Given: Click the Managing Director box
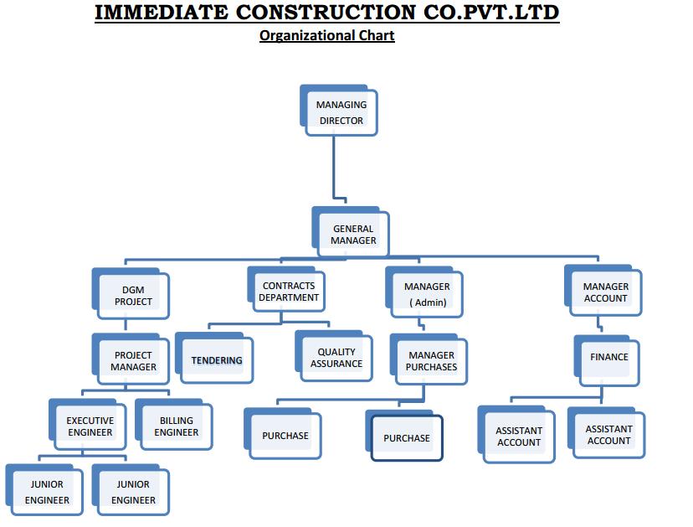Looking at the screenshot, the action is coord(338,111).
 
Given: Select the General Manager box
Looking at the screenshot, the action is coord(351,232).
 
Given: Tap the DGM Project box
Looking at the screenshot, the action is coord(131,293).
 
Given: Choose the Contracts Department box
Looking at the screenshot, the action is coord(286,289).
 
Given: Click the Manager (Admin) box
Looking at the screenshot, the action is coord(424,292).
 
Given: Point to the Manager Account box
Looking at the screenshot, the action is coord(603,290).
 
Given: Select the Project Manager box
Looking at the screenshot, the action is coord(131,359).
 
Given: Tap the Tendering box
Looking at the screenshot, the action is coord(214,358).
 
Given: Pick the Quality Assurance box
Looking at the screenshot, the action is coord(334,356).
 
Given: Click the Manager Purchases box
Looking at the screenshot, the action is coord(429,359).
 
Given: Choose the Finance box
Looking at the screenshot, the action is coord(607,360).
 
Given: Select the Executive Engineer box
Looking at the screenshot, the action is coord(88,425).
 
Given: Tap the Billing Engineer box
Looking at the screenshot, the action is coord(174,425).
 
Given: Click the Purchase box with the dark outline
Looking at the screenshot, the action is coord(404,436).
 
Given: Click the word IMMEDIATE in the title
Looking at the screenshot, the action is coord(162,13).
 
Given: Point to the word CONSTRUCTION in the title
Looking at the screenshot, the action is coord(326,13).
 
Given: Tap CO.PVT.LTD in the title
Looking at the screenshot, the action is coord(491,13).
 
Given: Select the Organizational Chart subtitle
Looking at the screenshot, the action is coord(327,35).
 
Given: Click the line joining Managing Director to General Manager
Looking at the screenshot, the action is coord(334,168).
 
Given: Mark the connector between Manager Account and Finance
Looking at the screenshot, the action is coord(599,323).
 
